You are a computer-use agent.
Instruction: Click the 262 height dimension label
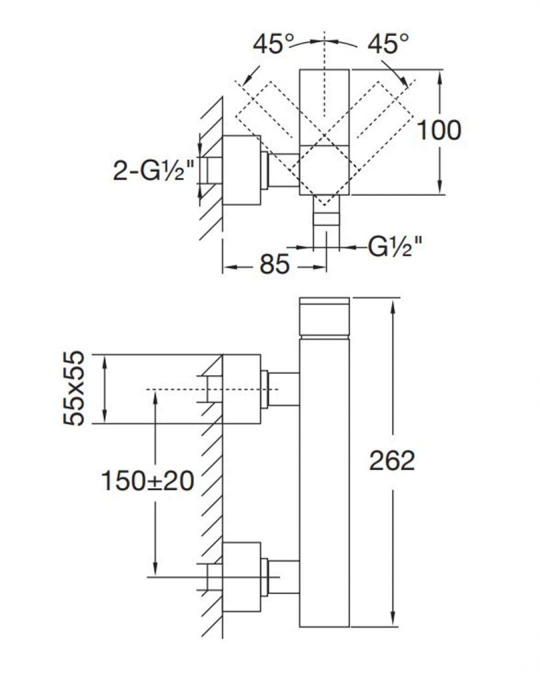[392, 461]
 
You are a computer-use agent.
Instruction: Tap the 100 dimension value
[439, 131]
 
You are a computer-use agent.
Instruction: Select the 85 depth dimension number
[275, 264]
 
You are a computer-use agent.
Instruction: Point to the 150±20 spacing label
[147, 481]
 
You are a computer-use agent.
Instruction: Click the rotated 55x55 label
[73, 388]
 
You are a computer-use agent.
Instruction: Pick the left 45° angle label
[274, 44]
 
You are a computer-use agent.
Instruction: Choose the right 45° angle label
[389, 44]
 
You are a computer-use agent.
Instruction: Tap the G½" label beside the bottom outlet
[395, 247]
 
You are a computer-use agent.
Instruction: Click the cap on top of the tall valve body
[325, 317]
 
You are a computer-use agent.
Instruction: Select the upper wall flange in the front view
[242, 389]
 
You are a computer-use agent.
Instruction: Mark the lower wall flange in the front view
[242, 577]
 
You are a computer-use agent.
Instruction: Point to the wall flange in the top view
[242, 170]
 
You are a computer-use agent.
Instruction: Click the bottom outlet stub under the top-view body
[326, 222]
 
